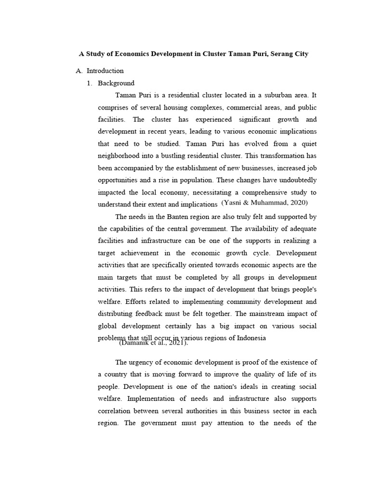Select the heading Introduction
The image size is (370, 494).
tap(105, 70)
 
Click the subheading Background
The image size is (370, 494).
tap(116, 83)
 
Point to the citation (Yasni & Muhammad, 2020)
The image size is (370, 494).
tap(264, 203)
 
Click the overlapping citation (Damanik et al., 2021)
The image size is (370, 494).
tap(153, 343)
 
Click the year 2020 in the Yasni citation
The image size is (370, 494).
tap(297, 203)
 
